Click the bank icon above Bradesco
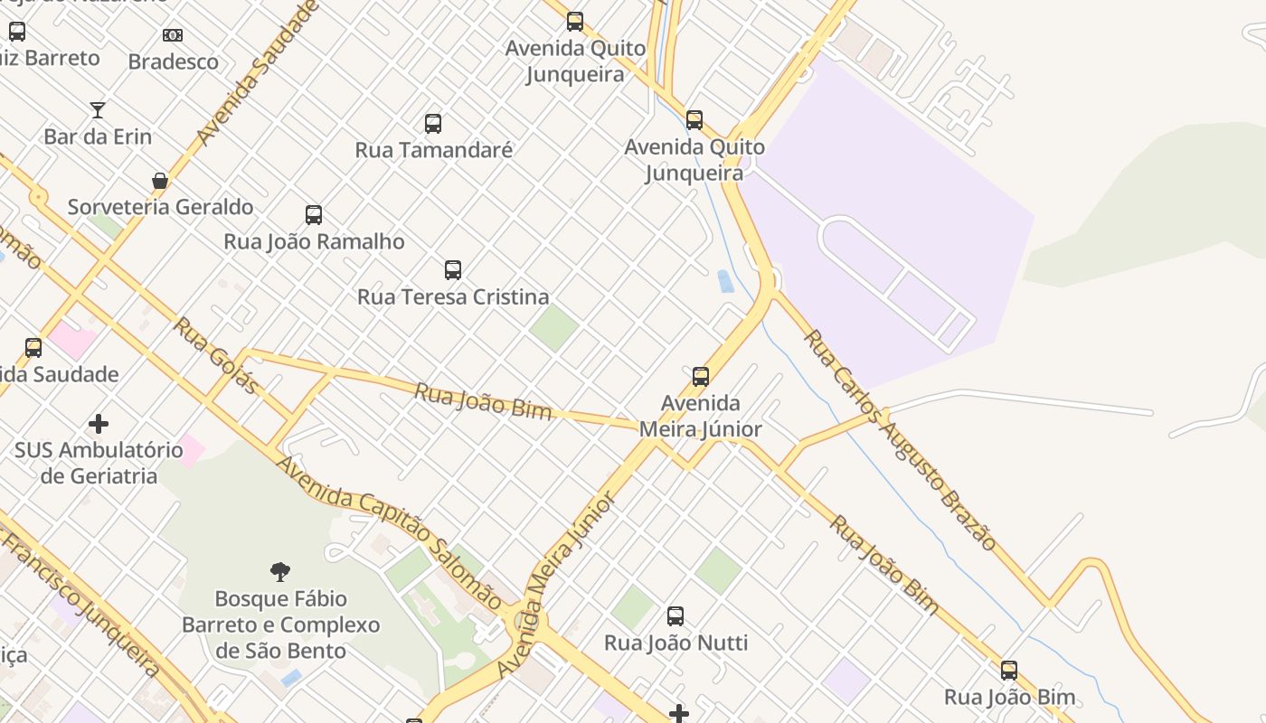pyautogui.click(x=173, y=35)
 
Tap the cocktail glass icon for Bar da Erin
pyautogui.click(x=98, y=110)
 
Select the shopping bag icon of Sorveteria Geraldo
pyautogui.click(x=160, y=181)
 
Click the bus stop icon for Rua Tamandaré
pyautogui.click(x=433, y=124)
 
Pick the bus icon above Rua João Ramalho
pyautogui.click(x=314, y=215)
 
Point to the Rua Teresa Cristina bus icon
pyautogui.click(x=453, y=270)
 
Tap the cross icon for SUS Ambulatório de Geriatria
pyautogui.click(x=99, y=423)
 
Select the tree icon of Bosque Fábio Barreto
pyautogui.click(x=280, y=571)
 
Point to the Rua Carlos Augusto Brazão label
pyautogui.click(x=900, y=440)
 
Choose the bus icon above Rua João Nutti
pyautogui.click(x=676, y=616)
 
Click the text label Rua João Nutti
pyautogui.click(x=676, y=643)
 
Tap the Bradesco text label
pyautogui.click(x=173, y=62)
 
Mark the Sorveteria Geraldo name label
pyautogui.click(x=160, y=207)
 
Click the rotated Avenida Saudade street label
pyautogui.click(x=259, y=72)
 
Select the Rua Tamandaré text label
pyautogui.click(x=433, y=150)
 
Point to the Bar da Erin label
pyautogui.click(x=98, y=137)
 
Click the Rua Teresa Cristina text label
pyautogui.click(x=453, y=296)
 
